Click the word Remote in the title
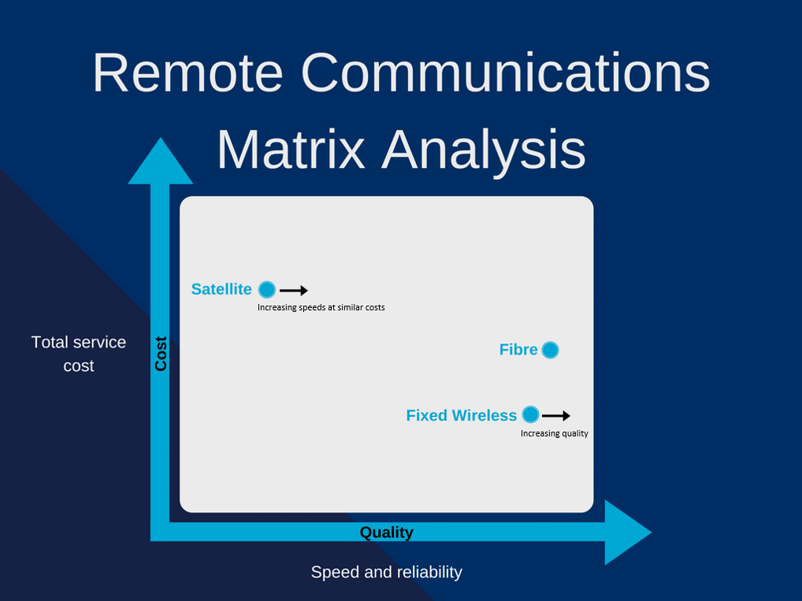tap(188, 73)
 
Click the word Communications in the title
tap(505, 73)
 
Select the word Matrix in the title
tap(291, 149)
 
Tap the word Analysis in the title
tap(484, 150)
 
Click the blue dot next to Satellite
tap(267, 290)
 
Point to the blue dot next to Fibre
tap(550, 350)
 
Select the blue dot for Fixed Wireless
tap(530, 414)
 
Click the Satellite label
tap(221, 289)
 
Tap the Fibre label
tap(518, 350)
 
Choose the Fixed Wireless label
tap(462, 415)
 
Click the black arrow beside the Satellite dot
tap(294, 291)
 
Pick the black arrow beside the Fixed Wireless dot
tap(556, 416)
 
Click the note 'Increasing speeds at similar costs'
tap(321, 307)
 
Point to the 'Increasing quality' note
tap(555, 433)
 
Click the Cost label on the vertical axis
tap(161, 354)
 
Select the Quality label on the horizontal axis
tap(386, 532)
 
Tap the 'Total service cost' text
tap(79, 354)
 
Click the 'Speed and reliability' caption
tap(386, 572)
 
